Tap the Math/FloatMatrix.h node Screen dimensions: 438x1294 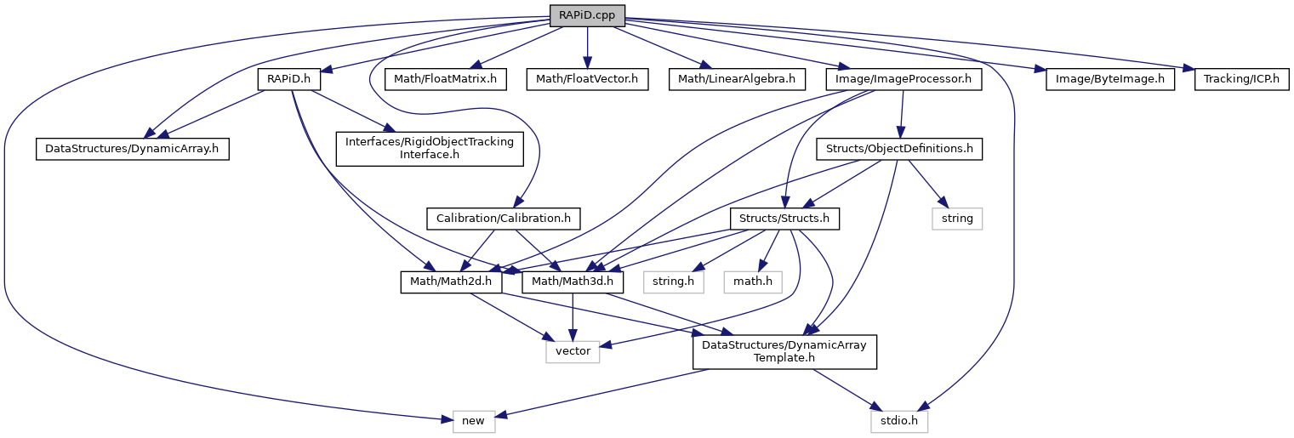446,80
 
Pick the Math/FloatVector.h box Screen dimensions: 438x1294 587,80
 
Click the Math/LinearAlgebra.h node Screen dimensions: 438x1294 736,80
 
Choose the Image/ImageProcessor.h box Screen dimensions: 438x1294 904,80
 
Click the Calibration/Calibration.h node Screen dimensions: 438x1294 504,219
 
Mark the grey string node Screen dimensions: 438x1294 957,219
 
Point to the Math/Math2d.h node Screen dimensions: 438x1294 451,281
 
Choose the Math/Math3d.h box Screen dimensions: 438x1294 573,281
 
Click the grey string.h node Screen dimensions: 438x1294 674,281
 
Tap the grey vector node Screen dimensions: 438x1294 573,350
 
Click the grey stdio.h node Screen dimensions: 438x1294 899,420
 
